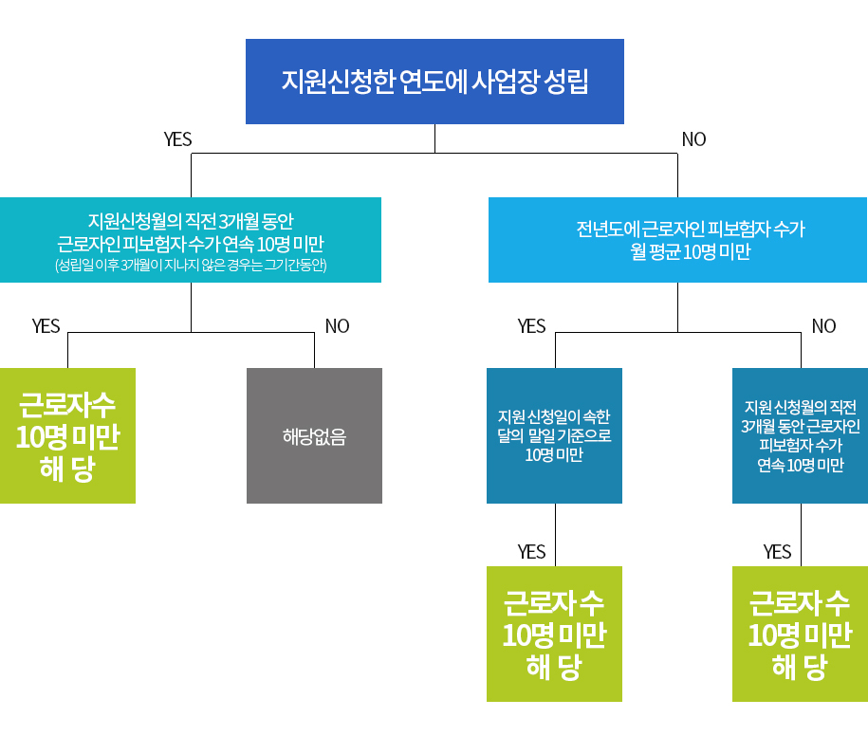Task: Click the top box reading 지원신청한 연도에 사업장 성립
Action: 434,82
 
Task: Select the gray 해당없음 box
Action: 314,435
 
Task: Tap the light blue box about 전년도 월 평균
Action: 677,240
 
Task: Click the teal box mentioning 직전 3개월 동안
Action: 191,240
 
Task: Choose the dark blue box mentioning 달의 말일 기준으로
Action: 554,435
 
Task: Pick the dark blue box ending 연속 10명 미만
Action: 800,435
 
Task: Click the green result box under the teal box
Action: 67,435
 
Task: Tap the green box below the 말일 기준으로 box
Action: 554,634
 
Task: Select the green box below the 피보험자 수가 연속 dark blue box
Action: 800,634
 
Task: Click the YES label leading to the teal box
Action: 177,139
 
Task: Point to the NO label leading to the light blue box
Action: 693,139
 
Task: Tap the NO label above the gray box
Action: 337,326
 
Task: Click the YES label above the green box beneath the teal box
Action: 46,326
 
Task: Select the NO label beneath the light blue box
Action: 823,326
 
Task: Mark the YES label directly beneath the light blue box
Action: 531,326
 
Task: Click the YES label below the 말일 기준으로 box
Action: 531,552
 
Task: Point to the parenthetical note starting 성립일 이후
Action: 191,266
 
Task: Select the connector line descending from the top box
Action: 434,138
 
